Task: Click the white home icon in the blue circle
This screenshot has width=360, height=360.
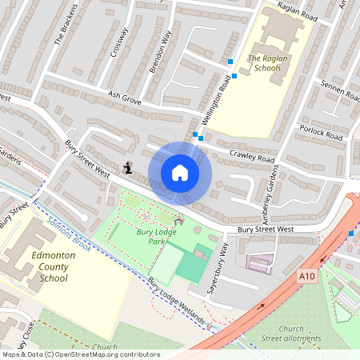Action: [180, 172]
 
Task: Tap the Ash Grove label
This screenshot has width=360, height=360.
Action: [125, 98]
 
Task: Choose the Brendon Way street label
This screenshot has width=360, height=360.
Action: [161, 53]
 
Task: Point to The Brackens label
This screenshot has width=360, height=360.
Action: [65, 23]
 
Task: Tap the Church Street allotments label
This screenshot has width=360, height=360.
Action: [301, 334]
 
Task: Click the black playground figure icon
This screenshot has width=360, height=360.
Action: [128, 168]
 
